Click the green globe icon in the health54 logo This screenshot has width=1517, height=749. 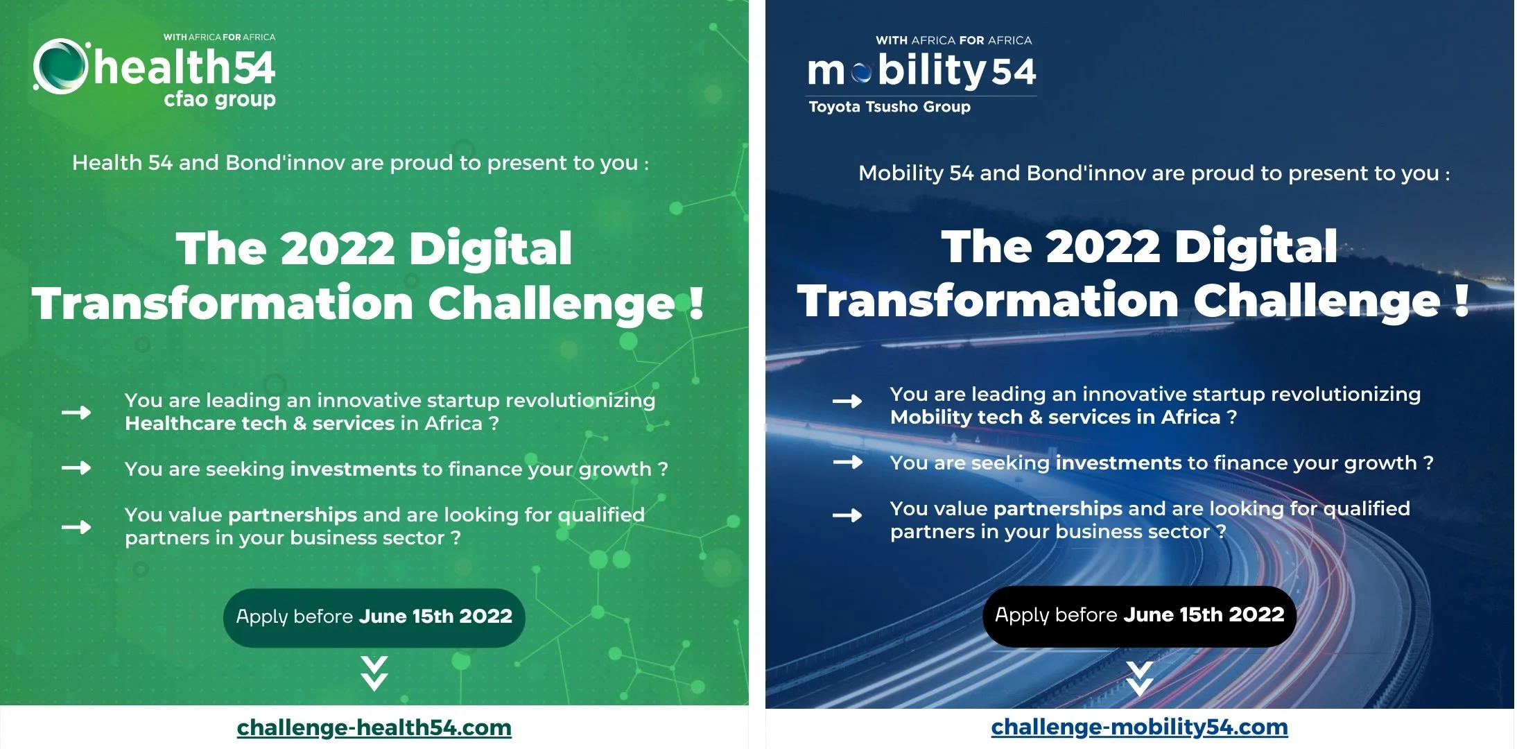click(60, 66)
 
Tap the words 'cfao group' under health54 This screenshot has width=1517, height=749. click(219, 99)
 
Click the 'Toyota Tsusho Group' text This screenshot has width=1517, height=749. click(890, 107)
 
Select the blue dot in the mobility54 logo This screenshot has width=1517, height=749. click(861, 72)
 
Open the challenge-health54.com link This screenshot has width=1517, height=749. click(374, 728)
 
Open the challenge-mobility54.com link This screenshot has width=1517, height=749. click(1139, 727)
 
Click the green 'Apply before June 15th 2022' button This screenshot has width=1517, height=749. click(374, 617)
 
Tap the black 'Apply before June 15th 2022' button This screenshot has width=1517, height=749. click(1139, 616)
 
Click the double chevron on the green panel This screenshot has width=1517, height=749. click(374, 673)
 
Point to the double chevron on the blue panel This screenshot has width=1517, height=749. click(1139, 678)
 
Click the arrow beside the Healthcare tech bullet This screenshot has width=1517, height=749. click(76, 413)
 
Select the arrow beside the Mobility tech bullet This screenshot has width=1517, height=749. click(847, 401)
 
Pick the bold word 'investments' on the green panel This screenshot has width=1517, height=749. click(353, 470)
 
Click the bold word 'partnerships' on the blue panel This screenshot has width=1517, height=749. click(1057, 509)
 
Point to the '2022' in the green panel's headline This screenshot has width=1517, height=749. click(337, 248)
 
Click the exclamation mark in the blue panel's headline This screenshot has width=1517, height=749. click(1462, 301)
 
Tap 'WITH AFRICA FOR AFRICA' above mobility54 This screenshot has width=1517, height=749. click(953, 40)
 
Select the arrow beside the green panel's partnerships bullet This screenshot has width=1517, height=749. click(76, 527)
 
